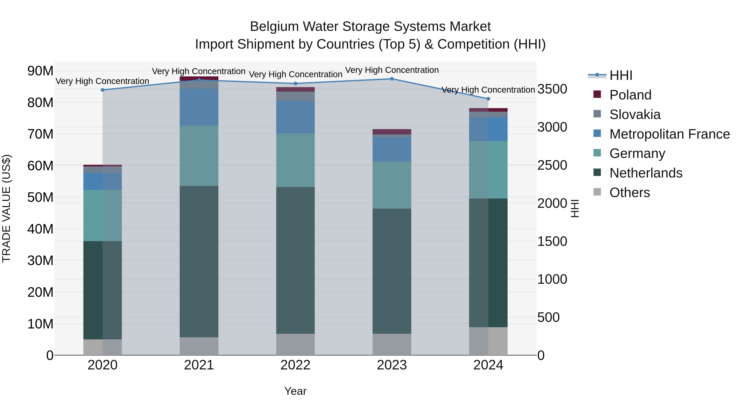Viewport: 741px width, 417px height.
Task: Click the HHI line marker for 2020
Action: click(x=103, y=90)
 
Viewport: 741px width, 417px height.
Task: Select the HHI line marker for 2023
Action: click(x=392, y=79)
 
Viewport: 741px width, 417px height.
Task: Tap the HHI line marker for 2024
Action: click(x=488, y=99)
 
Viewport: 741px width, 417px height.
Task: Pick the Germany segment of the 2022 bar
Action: click(x=295, y=160)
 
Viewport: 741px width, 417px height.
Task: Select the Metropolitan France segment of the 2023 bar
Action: click(x=392, y=149)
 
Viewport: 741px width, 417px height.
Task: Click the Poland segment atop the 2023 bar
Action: click(x=392, y=132)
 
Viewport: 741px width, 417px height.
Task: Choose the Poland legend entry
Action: click(x=630, y=95)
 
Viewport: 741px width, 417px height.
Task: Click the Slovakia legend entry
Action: click(x=635, y=114)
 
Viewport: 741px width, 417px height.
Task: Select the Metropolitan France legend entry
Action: click(x=669, y=134)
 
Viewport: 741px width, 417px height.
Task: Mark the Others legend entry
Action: click(x=629, y=193)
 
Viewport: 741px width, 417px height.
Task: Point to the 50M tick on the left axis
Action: click(x=40, y=197)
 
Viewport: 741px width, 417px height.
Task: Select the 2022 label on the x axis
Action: click(x=295, y=365)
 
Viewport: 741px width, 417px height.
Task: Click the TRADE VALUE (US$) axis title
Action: click(x=7, y=208)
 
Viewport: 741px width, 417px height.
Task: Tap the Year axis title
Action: click(x=295, y=391)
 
